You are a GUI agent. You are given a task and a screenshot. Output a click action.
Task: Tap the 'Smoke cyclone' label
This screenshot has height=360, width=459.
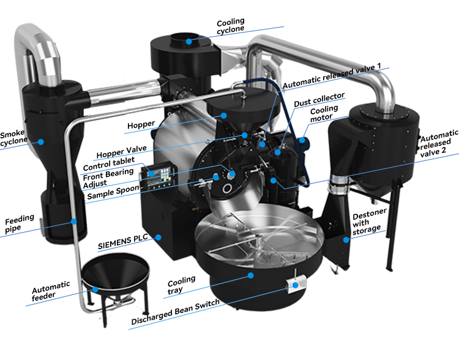tap(14, 138)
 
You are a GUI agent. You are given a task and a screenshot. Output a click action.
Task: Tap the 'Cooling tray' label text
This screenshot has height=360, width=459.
tap(182, 284)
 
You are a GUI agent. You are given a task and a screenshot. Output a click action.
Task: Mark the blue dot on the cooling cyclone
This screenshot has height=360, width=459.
tap(189, 41)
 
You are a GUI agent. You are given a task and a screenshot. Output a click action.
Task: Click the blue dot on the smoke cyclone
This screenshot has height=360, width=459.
tap(41, 141)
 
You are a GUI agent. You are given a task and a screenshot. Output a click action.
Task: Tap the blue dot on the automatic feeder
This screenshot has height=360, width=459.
tap(95, 288)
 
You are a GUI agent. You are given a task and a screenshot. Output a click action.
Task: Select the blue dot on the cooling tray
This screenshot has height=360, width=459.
tap(250, 275)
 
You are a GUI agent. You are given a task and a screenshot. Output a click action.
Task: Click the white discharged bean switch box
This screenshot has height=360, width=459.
tap(296, 284)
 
